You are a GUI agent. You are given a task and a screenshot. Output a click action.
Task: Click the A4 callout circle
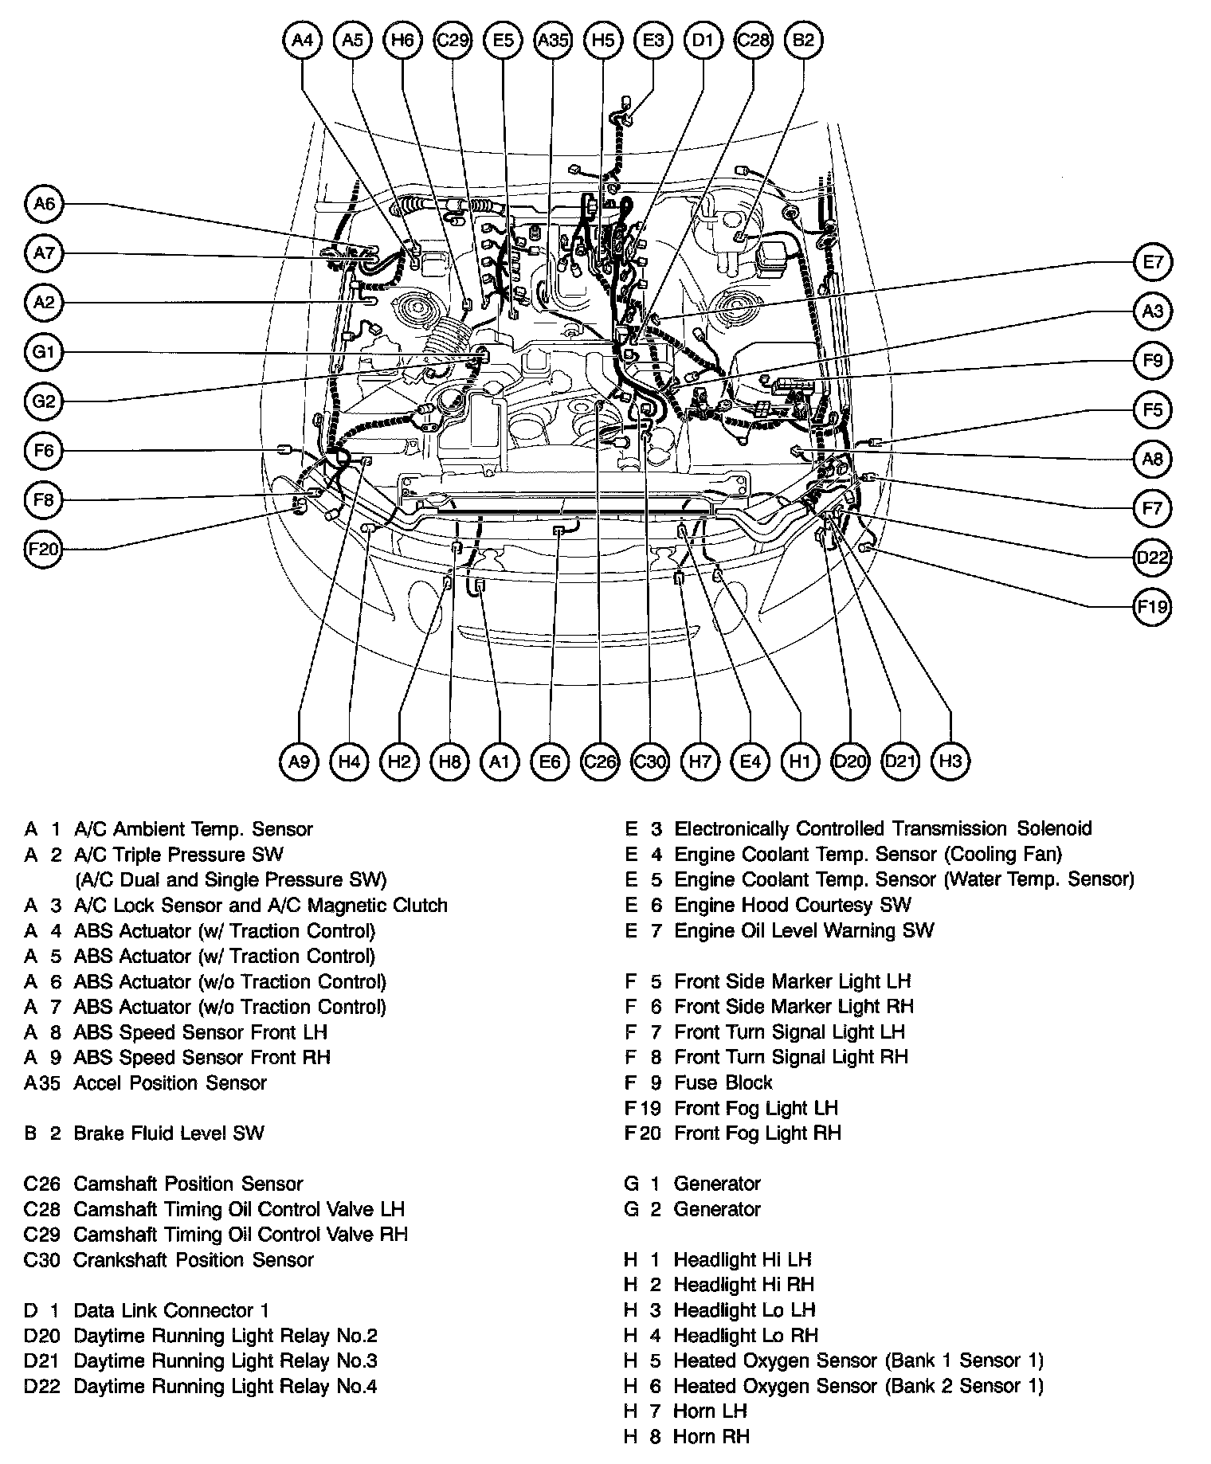click(302, 40)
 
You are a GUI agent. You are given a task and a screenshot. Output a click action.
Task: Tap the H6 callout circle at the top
click(403, 40)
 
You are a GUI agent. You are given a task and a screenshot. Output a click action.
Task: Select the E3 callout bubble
click(653, 40)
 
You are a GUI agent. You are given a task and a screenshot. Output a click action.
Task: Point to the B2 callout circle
click(803, 40)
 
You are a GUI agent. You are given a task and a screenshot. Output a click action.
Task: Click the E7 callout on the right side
click(1153, 262)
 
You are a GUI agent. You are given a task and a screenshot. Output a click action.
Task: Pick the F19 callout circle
click(1153, 608)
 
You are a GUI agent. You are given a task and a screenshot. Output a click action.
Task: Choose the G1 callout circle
click(44, 352)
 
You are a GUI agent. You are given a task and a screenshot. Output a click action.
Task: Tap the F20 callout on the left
click(44, 550)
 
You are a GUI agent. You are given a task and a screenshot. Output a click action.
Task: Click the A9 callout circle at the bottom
click(299, 762)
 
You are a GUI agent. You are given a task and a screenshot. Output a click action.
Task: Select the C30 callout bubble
click(649, 762)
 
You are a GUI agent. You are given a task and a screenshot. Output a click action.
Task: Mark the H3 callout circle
click(950, 762)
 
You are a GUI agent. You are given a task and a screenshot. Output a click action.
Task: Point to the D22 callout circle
click(1153, 558)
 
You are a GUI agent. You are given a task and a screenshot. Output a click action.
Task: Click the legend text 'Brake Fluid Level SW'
click(168, 1133)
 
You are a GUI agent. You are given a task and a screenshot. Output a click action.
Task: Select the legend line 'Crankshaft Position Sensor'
click(193, 1260)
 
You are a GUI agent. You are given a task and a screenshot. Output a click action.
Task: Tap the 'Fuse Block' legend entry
click(723, 1082)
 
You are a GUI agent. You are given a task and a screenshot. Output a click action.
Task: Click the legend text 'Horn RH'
click(711, 1437)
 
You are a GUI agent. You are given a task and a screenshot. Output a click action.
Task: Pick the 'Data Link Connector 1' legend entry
click(171, 1310)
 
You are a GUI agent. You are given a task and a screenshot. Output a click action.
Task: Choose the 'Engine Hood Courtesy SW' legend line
click(792, 905)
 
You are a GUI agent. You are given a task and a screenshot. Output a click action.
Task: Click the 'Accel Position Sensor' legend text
click(170, 1082)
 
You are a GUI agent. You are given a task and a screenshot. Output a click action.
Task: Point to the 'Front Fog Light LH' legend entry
click(755, 1108)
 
